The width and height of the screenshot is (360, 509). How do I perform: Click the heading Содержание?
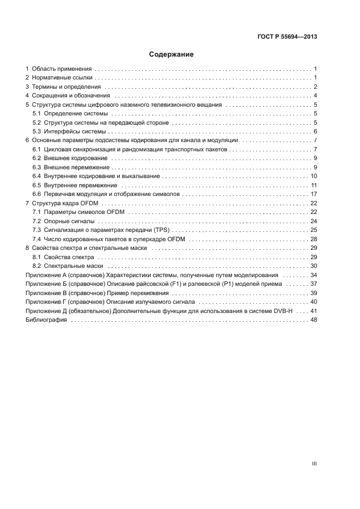pos(172,54)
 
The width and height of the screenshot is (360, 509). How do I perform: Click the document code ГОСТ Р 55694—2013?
pos(287,37)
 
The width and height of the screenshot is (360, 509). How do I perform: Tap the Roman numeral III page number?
pos(314,464)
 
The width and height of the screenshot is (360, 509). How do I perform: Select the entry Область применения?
pos(62,69)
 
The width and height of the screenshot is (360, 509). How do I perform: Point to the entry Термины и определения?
pos(66,87)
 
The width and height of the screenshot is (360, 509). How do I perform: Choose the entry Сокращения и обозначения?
pos(71,96)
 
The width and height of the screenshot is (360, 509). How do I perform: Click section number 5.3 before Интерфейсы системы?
pos(37,131)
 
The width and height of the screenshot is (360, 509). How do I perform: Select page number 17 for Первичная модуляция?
pos(314,194)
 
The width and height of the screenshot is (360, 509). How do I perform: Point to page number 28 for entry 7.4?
pos(314,238)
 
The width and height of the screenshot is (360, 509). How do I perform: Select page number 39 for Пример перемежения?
pos(314,292)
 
